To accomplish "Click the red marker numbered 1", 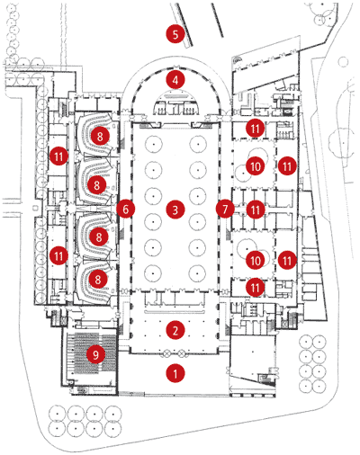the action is coord(175,373).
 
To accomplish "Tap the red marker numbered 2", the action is coord(175,330).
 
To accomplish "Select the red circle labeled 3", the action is coord(175,210).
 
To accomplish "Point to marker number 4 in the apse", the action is coord(175,80).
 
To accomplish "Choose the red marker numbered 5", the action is coord(175,34).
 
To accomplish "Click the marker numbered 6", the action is coord(125,209).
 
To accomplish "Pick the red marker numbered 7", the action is coord(225,209).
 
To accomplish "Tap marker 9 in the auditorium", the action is coord(95,355).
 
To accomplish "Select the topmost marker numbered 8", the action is coord(100,137).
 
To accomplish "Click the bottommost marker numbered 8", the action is coord(98,280).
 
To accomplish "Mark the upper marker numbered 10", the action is coord(256,166).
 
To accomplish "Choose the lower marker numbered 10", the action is coord(256,260).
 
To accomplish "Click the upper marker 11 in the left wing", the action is coord(58,156).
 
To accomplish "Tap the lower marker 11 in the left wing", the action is coord(58,256).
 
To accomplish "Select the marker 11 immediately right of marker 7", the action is coord(256,210).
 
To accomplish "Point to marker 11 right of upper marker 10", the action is coord(287,166).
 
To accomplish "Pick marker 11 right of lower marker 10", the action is coord(287,260).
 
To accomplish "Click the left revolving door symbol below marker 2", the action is coord(166,353).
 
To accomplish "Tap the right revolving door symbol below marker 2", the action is coord(181,353).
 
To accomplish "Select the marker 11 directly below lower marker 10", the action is coord(255,288).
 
